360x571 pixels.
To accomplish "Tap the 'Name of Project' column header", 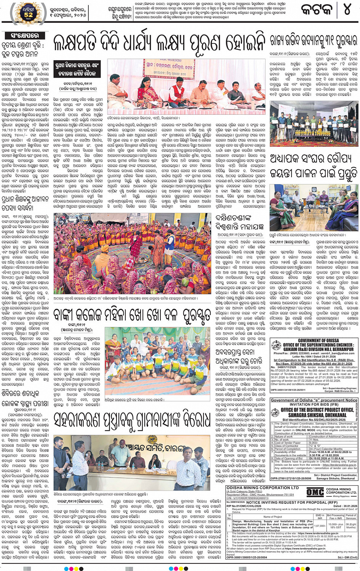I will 272,517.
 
